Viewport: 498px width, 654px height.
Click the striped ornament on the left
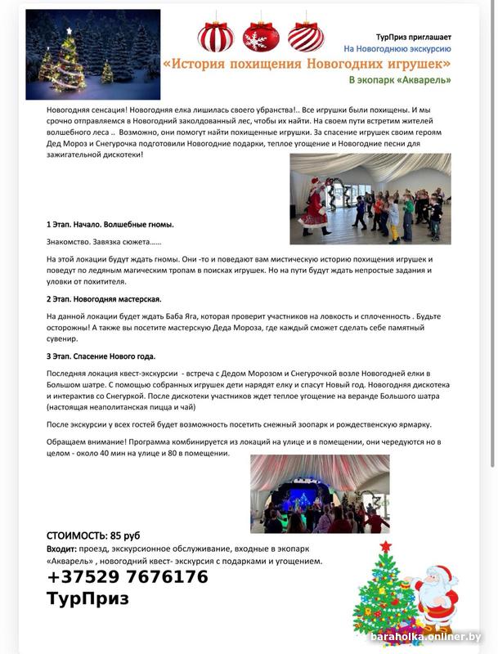[x=216, y=36]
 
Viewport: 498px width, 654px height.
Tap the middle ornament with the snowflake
[x=261, y=36]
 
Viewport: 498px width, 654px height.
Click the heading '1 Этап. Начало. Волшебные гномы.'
[x=110, y=224]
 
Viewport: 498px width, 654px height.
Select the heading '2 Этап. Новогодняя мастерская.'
[x=104, y=299]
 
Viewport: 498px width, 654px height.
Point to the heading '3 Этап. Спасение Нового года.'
[x=101, y=356]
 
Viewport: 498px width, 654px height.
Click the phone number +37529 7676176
[x=128, y=577]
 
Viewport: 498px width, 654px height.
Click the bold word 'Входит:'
[x=61, y=549]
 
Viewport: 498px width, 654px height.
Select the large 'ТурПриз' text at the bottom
[x=87, y=598]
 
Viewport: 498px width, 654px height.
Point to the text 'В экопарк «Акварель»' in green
[x=400, y=80]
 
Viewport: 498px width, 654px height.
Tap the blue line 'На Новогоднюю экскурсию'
[x=398, y=49]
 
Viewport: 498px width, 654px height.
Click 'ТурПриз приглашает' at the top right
[x=413, y=37]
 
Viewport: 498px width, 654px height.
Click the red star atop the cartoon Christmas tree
[x=386, y=546]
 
